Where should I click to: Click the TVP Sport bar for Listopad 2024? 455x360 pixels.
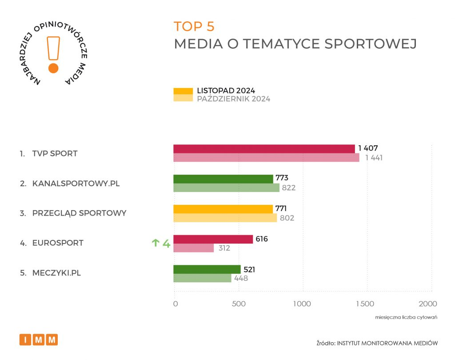coord(264,149)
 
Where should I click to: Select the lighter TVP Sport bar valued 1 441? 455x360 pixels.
coord(266,158)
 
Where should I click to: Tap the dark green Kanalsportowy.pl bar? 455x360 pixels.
coord(223,179)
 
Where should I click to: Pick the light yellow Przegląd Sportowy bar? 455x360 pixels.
coord(225,218)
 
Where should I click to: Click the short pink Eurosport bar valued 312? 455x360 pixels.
coord(193,248)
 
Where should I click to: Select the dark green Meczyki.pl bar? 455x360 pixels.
coord(207,269)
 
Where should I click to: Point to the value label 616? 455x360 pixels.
coord(262,239)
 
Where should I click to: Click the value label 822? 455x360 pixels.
coord(288,188)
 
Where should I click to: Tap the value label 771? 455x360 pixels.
coord(282,209)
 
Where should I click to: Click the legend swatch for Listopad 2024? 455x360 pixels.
coord(183,91)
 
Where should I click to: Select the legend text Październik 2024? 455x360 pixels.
coord(233,99)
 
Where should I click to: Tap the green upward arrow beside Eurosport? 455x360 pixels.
coord(156,243)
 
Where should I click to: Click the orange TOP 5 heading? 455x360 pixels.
coord(194,27)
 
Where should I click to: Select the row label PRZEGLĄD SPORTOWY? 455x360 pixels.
coord(79,213)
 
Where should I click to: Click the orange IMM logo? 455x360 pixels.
coord(39,340)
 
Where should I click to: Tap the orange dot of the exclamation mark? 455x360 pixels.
coord(53,68)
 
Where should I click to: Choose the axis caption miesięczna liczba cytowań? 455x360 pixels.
coord(407,317)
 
